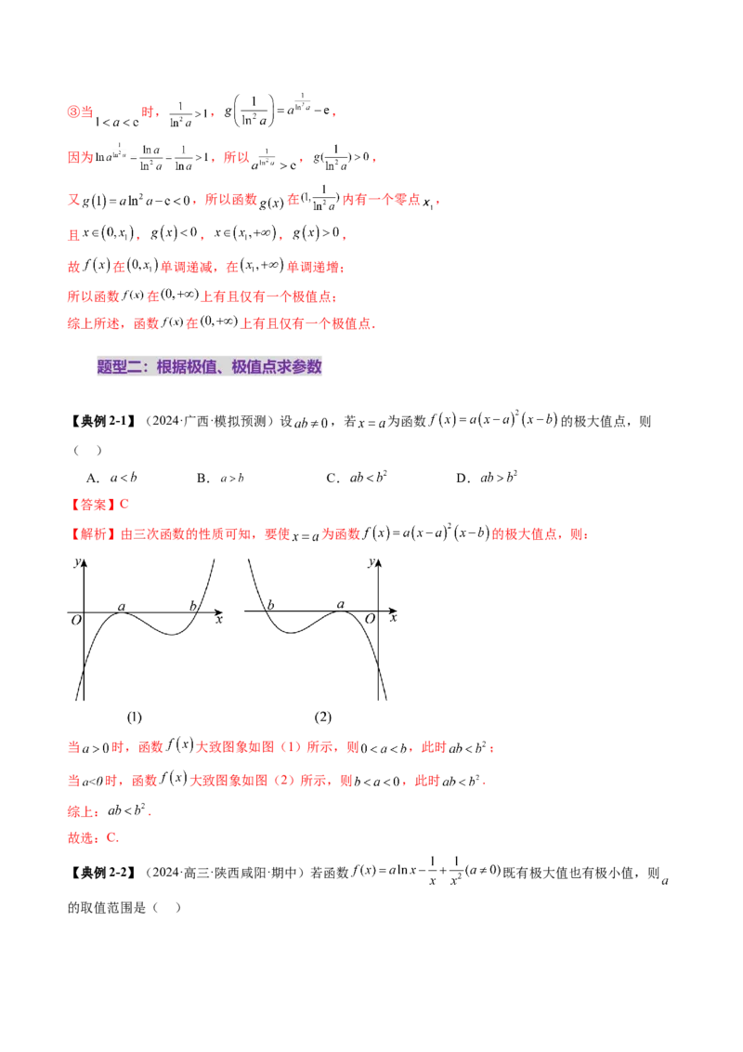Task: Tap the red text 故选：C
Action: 94,837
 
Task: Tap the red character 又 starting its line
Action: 72,200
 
